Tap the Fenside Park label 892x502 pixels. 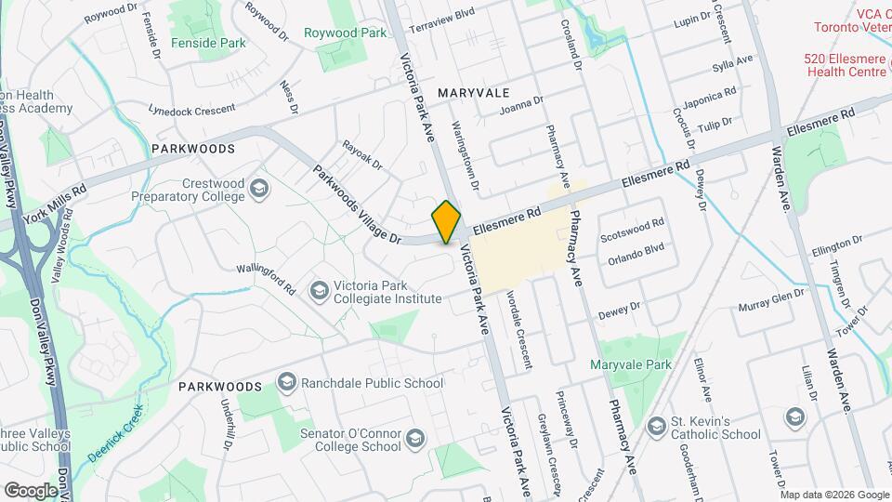208,43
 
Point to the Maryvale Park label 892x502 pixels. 631,364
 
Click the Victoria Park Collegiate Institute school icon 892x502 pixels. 320,292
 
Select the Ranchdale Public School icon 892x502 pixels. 286,383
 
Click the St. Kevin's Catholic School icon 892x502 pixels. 658,427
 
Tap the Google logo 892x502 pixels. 30,490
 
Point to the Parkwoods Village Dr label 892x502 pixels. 356,205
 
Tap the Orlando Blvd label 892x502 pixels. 636,248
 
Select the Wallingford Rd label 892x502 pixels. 264,277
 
